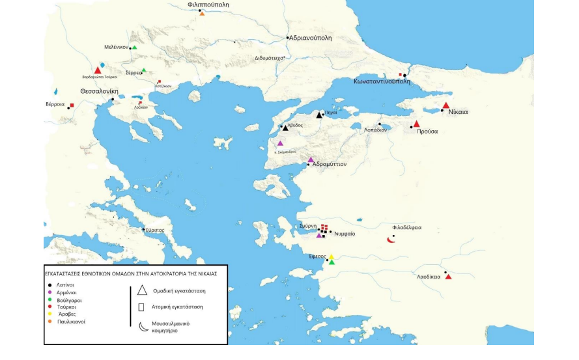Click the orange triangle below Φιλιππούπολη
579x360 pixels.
[202, 14]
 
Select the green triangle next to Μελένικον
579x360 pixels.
[134, 48]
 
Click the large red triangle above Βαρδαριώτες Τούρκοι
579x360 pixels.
[98, 70]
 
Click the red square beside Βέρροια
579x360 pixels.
[72, 105]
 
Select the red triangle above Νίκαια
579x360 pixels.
[445, 105]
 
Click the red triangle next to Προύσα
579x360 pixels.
[416, 124]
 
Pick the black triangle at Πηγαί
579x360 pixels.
[319, 115]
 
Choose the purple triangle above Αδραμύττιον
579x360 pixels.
[311, 159]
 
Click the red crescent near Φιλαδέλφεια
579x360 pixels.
[391, 240]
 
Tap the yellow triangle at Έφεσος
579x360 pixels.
[331, 256]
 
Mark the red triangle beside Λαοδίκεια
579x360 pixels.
[448, 277]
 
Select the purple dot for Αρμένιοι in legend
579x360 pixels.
[50, 293]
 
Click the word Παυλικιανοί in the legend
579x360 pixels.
[72, 321]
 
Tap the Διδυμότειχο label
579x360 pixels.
[268, 58]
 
